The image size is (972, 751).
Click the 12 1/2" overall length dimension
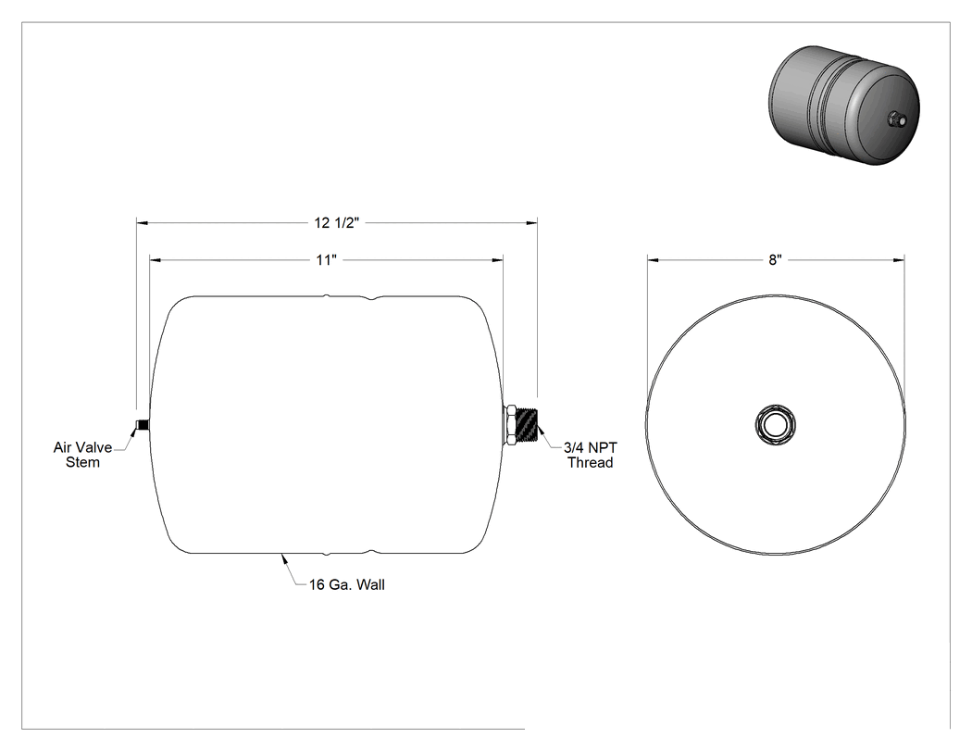click(337, 222)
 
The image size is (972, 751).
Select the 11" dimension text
click(326, 260)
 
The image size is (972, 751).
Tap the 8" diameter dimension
click(776, 260)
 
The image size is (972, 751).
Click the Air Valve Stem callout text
click(82, 455)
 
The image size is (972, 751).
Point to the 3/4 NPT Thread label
click(591, 455)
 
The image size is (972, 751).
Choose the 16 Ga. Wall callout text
click(347, 585)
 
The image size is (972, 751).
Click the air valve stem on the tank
click(142, 425)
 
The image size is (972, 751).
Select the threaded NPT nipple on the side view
click(529, 425)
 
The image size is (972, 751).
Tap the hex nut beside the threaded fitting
click(511, 425)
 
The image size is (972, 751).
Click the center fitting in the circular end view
click(776, 425)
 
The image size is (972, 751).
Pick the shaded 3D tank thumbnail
click(843, 106)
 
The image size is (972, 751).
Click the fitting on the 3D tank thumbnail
click(897, 118)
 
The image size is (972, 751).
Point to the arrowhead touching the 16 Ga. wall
click(284, 558)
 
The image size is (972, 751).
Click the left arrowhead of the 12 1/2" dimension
click(142, 222)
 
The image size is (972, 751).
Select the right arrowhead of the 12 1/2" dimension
click(531, 222)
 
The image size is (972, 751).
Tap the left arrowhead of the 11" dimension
click(156, 260)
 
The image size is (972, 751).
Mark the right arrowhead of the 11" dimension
click(496, 260)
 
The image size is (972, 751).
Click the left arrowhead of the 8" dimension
click(654, 260)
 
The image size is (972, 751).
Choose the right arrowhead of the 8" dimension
click(898, 260)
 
